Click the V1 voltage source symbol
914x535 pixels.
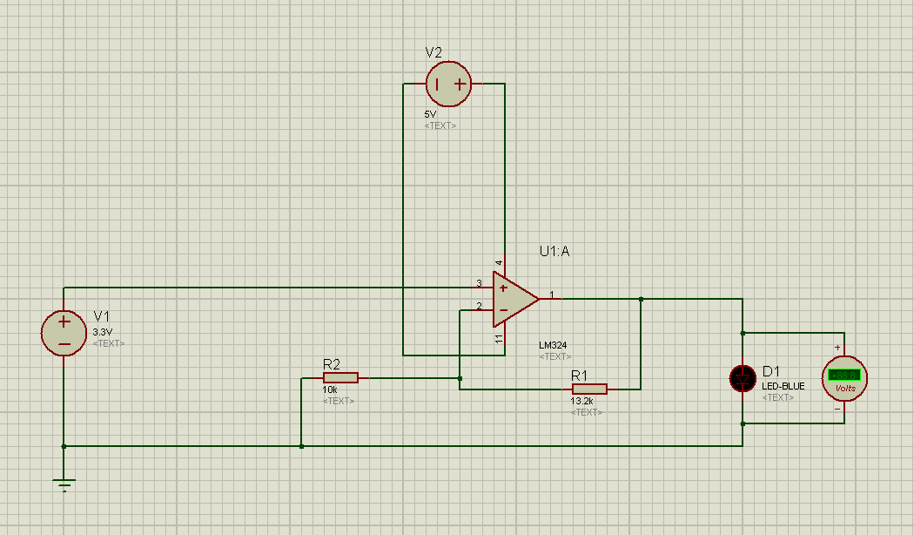point(64,333)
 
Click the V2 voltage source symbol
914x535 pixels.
point(448,85)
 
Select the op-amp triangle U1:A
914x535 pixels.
point(514,298)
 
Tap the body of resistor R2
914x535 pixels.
point(340,377)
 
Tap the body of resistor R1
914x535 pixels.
point(589,389)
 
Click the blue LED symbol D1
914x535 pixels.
point(743,378)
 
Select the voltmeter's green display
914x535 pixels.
point(843,375)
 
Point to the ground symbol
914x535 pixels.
point(64,484)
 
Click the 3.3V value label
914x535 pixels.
point(103,332)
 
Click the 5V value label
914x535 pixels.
point(431,114)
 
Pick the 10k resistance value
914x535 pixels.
point(330,390)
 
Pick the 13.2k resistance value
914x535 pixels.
point(582,402)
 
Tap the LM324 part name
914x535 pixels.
point(553,345)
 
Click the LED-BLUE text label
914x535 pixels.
point(783,386)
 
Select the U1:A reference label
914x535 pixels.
point(554,252)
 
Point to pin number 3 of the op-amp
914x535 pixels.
point(479,283)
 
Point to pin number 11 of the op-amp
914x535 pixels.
point(500,338)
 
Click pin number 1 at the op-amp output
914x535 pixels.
point(551,294)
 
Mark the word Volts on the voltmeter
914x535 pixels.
point(844,388)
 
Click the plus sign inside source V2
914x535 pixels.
point(459,85)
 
